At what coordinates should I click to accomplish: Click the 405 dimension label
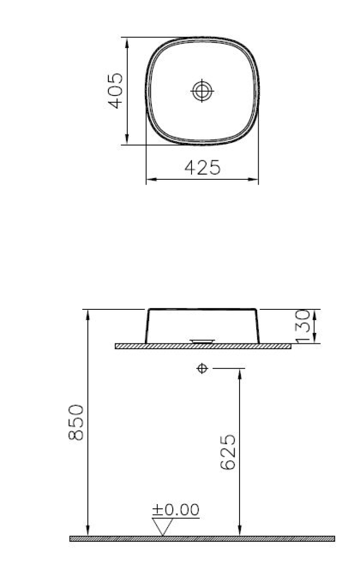pos(115,91)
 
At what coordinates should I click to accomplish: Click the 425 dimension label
pos(203,168)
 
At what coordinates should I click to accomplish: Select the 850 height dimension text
pos(76,422)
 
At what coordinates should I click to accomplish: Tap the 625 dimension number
pos(228,452)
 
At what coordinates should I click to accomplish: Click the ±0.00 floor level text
pos(176,510)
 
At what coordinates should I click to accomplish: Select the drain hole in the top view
pos(202,91)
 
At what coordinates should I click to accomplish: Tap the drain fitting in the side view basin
pos(203,341)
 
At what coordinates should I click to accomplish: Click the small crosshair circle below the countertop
pos(203,368)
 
